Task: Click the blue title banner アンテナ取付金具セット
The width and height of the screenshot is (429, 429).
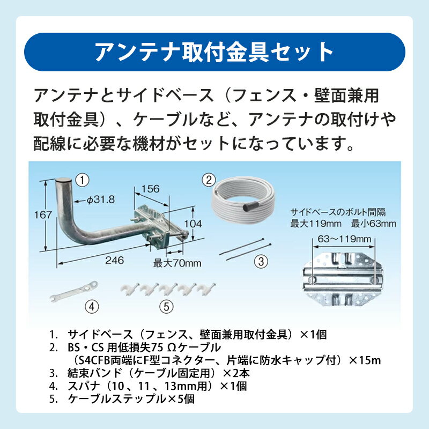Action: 214,52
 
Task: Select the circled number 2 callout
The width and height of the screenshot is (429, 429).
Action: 209,180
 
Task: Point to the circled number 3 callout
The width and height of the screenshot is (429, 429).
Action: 261,262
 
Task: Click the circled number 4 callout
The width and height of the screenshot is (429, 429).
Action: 92,307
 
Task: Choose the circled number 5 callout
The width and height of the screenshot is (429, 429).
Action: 166,307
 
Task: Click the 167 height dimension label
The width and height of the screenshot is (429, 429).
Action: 43,215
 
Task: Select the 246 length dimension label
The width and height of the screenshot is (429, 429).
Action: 114,260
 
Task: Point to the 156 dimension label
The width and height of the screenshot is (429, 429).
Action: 151,189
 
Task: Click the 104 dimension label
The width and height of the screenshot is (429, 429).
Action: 193,224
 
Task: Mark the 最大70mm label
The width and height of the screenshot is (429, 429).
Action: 177,263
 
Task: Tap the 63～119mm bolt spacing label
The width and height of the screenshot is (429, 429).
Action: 344,239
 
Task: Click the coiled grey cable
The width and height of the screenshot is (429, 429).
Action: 242,198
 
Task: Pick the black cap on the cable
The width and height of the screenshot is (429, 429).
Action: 250,206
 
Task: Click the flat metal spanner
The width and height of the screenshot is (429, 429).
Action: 74,292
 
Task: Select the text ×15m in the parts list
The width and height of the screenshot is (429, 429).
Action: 365,360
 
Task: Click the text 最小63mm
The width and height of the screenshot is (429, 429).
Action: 374,224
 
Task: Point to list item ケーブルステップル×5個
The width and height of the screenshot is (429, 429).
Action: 131,399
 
